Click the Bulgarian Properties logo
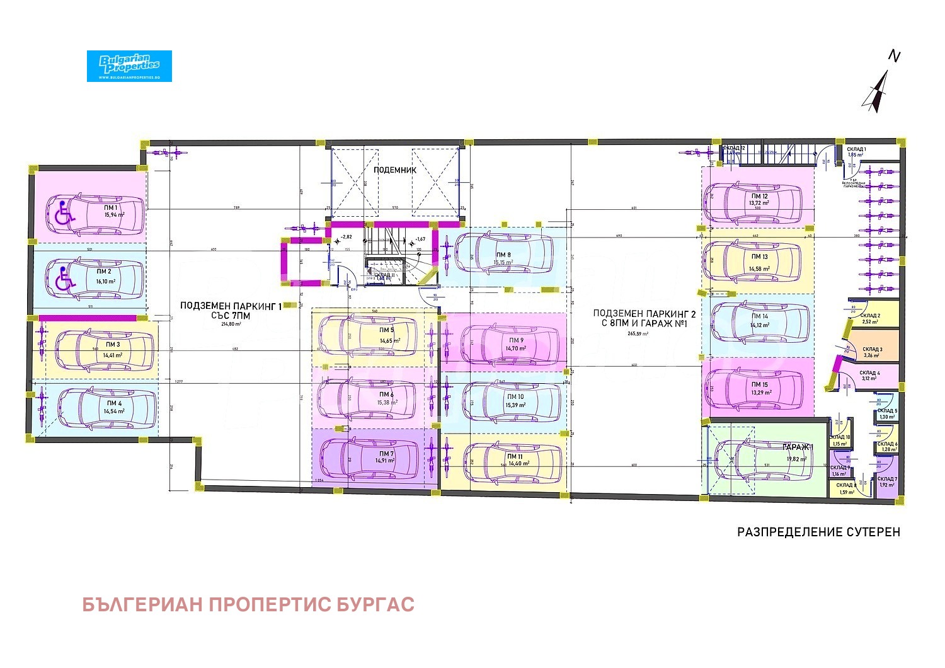coord(129,66)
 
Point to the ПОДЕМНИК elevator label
coord(395,170)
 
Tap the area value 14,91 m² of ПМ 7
coord(384,461)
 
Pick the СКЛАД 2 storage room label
coord(871,316)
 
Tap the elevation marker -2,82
coord(346,238)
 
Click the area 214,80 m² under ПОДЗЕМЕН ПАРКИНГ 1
coord(232,325)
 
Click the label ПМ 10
coord(515,396)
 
